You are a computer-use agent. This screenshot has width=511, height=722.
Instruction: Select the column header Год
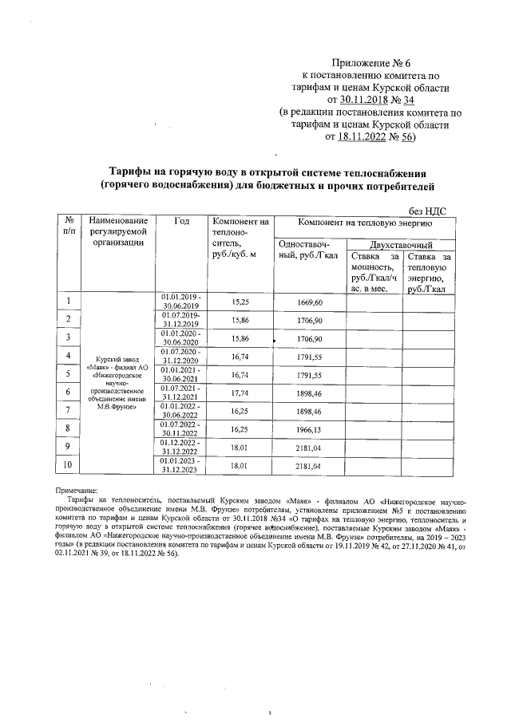(x=180, y=222)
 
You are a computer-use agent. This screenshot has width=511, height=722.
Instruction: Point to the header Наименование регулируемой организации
(x=119, y=233)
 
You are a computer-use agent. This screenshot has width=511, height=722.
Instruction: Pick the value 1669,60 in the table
(x=308, y=303)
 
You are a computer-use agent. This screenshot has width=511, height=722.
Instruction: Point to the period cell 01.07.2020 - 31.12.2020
(x=181, y=357)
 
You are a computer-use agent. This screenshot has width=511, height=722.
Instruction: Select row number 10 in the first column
(x=69, y=464)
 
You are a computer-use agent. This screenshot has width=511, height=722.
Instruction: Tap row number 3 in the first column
(x=69, y=338)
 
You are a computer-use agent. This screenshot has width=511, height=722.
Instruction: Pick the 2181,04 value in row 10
(x=308, y=464)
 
